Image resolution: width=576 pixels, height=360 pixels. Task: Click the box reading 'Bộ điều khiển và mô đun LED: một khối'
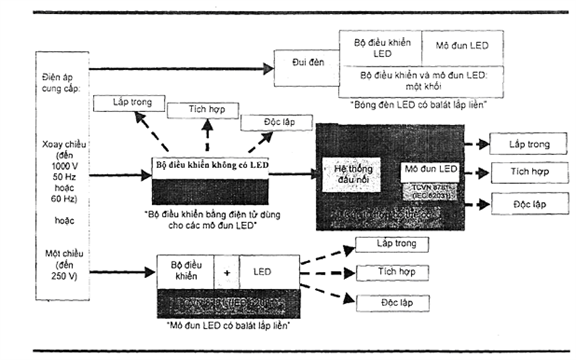point(418,80)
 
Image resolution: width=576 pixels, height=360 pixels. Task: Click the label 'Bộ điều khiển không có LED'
point(210,162)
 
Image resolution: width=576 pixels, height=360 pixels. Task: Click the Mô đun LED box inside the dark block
point(431,170)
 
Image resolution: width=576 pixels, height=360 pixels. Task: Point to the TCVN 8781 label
point(431,189)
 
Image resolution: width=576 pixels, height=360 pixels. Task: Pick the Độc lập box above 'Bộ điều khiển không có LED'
point(267,124)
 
